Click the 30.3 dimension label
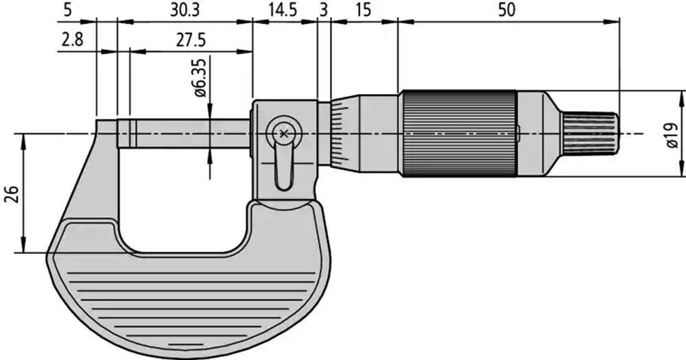(x=185, y=10)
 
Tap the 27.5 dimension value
(x=191, y=40)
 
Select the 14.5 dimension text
(x=282, y=10)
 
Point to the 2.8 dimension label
(x=72, y=40)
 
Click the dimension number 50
(x=507, y=10)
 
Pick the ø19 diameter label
(x=673, y=134)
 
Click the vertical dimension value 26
(x=12, y=194)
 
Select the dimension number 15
(x=363, y=10)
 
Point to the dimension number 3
(x=323, y=10)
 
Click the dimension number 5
(x=67, y=10)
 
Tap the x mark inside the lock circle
(x=283, y=134)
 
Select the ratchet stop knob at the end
(x=590, y=134)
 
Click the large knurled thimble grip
(x=460, y=134)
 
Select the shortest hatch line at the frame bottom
(x=179, y=346)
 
